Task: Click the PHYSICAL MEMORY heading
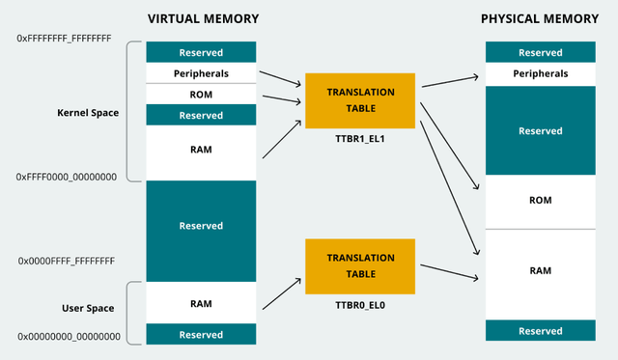tap(540, 18)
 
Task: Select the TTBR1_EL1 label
tap(361, 139)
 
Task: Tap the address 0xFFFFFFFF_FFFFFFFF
tap(65, 38)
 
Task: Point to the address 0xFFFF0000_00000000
tap(67, 178)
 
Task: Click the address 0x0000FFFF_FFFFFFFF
tap(67, 261)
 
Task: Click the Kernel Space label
tap(88, 113)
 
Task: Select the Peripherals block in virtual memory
tap(201, 73)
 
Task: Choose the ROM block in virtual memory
tap(201, 94)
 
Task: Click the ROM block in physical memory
tap(540, 201)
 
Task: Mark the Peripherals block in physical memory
tap(540, 73)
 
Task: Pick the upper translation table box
tap(361, 100)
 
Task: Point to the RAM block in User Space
tap(201, 303)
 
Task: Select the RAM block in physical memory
tap(540, 271)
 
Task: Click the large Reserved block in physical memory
tap(540, 130)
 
